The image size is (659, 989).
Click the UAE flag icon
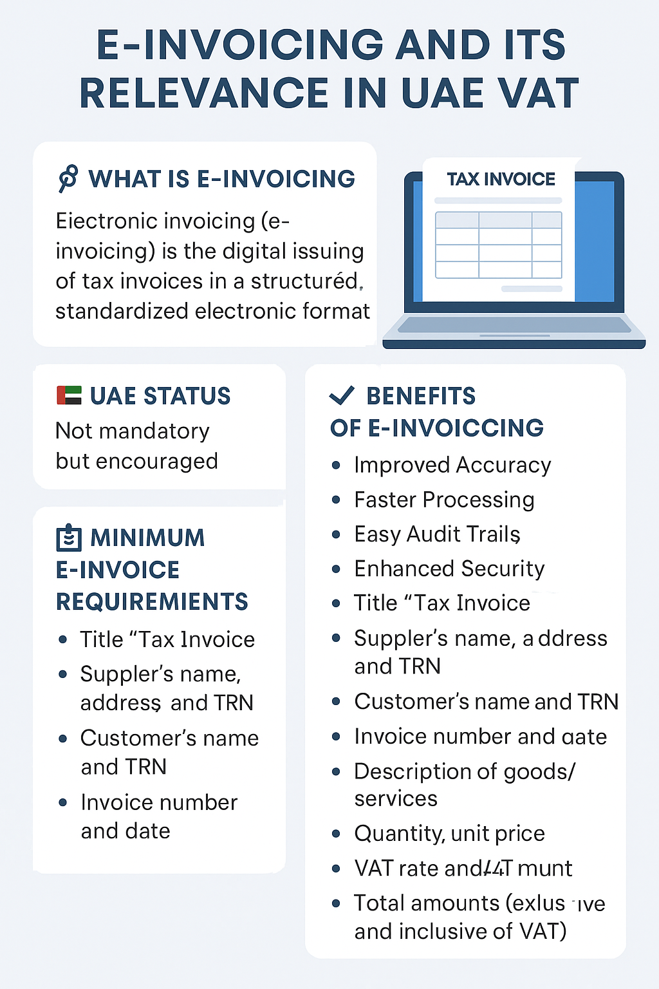click(69, 395)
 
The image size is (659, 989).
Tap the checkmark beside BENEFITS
click(342, 395)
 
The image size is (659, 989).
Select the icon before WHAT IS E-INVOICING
click(68, 178)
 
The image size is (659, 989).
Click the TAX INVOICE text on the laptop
click(501, 179)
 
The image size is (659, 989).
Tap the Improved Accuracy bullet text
click(452, 465)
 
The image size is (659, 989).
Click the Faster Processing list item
click(444, 500)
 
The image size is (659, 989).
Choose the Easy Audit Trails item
click(437, 534)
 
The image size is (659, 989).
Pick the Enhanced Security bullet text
click(449, 569)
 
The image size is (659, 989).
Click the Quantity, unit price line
click(449, 833)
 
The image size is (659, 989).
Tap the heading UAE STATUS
click(160, 396)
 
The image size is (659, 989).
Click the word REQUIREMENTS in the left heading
click(152, 601)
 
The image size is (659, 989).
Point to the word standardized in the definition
click(122, 311)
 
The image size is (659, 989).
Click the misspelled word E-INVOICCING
click(456, 428)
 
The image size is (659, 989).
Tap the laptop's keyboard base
click(514, 330)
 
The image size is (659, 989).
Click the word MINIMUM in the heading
click(147, 538)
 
